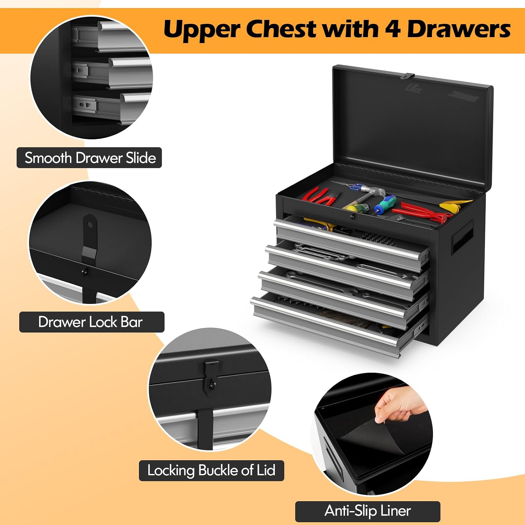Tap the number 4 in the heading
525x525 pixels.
(393, 29)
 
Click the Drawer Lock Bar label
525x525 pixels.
(92, 322)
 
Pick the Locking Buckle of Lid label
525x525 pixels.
(211, 470)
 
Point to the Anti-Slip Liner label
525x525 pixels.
(367, 511)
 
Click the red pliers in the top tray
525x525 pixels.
(320, 196)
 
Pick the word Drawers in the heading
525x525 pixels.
(458, 29)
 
